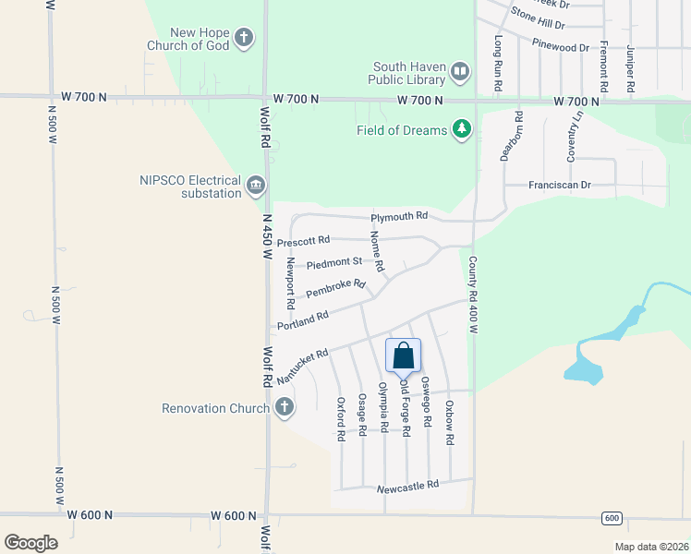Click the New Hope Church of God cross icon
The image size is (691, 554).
pyautogui.click(x=244, y=38)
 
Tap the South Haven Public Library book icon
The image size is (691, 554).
pyautogui.click(x=460, y=70)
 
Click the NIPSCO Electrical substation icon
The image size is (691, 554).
pyautogui.click(x=255, y=187)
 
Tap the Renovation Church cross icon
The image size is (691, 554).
pyautogui.click(x=285, y=406)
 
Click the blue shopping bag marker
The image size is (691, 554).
pyautogui.click(x=403, y=355)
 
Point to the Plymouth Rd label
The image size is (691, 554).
pyautogui.click(x=399, y=217)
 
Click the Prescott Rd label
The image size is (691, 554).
pyautogui.click(x=303, y=241)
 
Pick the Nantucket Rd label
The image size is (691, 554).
pyautogui.click(x=303, y=367)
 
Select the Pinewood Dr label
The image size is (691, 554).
pyautogui.click(x=561, y=46)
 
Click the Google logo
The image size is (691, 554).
pyautogui.click(x=30, y=543)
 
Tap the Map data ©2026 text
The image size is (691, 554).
pyautogui.click(x=650, y=547)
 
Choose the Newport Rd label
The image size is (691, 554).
pyautogui.click(x=290, y=283)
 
